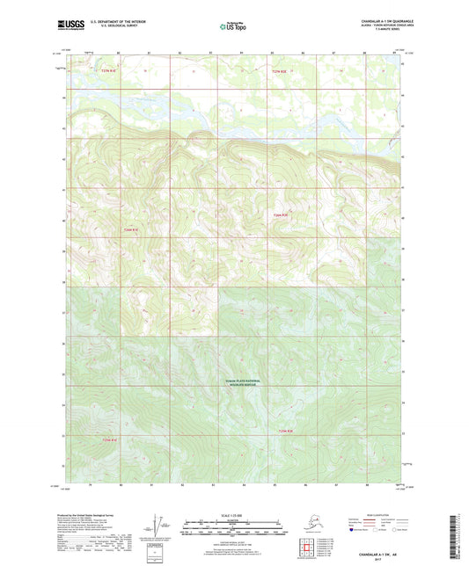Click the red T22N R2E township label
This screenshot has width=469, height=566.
[x=280, y=213]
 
